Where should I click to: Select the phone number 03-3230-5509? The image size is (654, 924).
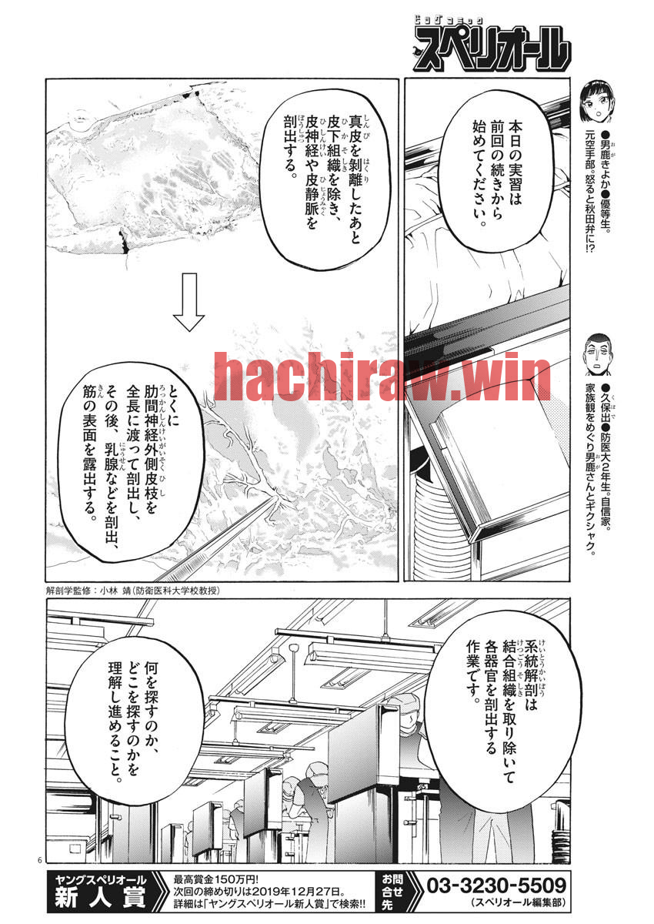point(496,885)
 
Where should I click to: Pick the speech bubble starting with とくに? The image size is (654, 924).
point(131,461)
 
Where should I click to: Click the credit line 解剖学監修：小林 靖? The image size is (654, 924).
point(132,591)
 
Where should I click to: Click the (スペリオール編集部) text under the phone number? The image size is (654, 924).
point(518,902)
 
